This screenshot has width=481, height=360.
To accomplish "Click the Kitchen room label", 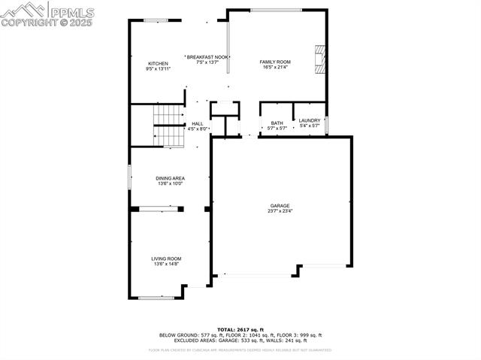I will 158,63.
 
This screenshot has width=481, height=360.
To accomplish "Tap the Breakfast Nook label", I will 207,57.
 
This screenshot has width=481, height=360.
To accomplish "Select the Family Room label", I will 275,62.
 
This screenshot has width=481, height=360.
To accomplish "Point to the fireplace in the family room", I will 320,59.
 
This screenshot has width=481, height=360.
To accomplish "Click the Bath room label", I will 277,123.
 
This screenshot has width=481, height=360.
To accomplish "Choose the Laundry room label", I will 310,120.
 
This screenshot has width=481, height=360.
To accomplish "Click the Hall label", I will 198,124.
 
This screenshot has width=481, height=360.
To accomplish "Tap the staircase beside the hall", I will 168,124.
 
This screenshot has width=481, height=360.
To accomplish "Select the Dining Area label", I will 170,178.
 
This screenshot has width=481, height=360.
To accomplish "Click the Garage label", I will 280,205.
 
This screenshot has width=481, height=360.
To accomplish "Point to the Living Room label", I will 167,259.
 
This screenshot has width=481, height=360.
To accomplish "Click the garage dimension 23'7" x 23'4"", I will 280,211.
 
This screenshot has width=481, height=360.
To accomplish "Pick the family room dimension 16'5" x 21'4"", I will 275,68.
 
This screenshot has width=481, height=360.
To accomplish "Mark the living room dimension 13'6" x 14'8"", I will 167,264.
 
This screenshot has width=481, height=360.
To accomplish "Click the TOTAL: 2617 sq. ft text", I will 240,329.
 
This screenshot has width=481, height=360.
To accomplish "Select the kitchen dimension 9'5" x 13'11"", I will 158,68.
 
